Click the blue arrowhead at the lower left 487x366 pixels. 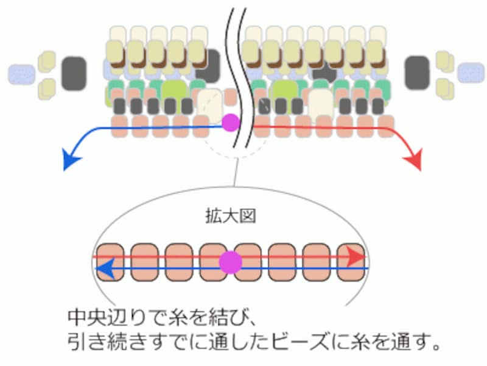coord(72,161)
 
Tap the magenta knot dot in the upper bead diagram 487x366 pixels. coord(231,123)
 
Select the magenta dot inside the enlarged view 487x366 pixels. coord(231,262)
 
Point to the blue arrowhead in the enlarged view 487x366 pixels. coord(107,268)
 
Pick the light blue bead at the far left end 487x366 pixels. coord(21,74)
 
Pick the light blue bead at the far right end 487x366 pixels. coord(471,73)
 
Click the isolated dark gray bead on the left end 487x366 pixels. coord(74,71)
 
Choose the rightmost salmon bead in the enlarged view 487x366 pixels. coord(350,262)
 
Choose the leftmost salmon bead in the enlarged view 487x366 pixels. coord(110,262)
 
